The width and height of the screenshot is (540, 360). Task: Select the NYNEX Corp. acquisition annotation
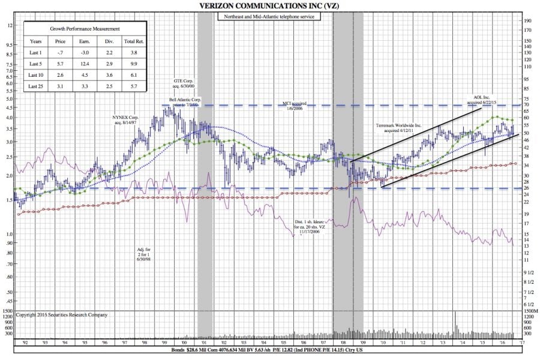coord(126,119)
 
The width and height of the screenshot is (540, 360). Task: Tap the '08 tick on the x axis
coord(343,342)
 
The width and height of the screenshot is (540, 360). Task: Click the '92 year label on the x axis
coord(25,342)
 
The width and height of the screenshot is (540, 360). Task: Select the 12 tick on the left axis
coord(10,26)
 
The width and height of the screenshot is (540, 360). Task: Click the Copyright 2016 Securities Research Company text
coord(62,314)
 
